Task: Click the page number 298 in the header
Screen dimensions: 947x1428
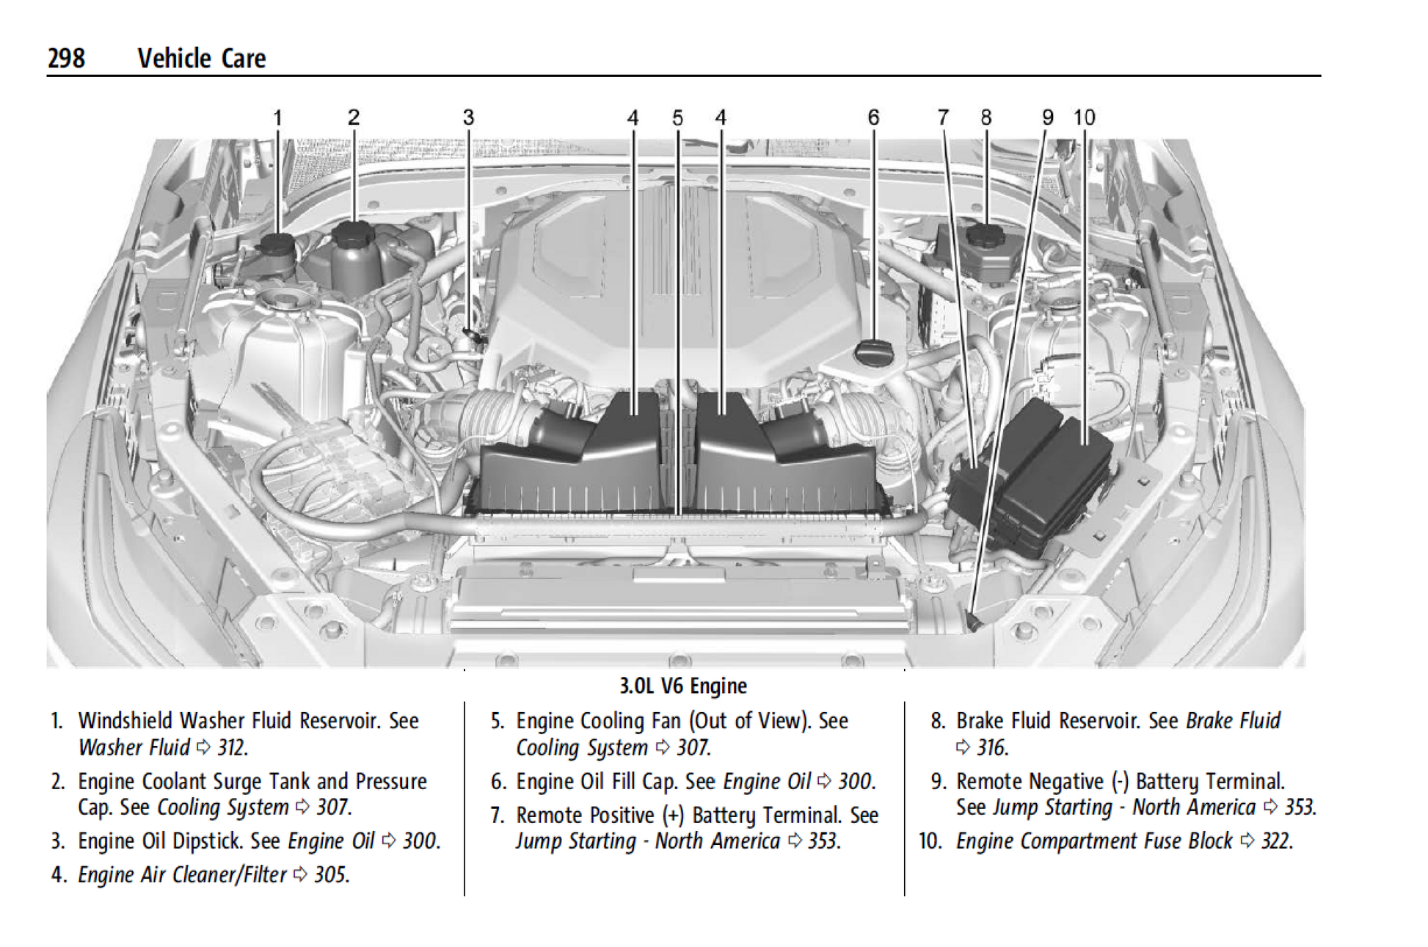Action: click(x=66, y=58)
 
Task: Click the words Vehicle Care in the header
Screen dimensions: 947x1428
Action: click(x=201, y=58)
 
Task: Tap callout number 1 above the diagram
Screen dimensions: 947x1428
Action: click(x=277, y=117)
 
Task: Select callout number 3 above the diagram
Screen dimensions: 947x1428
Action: click(x=468, y=117)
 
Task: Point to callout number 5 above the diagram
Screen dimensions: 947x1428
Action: click(x=677, y=117)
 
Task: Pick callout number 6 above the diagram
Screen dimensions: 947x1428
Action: click(x=873, y=117)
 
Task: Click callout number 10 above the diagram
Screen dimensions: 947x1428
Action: click(x=1084, y=117)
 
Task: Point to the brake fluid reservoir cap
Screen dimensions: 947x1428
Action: click(x=986, y=236)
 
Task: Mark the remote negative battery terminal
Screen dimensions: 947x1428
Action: click(x=974, y=623)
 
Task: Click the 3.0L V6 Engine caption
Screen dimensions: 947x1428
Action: click(x=683, y=686)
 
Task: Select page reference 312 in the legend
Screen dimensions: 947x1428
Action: click(x=232, y=747)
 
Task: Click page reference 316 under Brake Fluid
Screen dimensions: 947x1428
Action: click(x=991, y=747)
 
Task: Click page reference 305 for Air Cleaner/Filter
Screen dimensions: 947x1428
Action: click(x=330, y=874)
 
